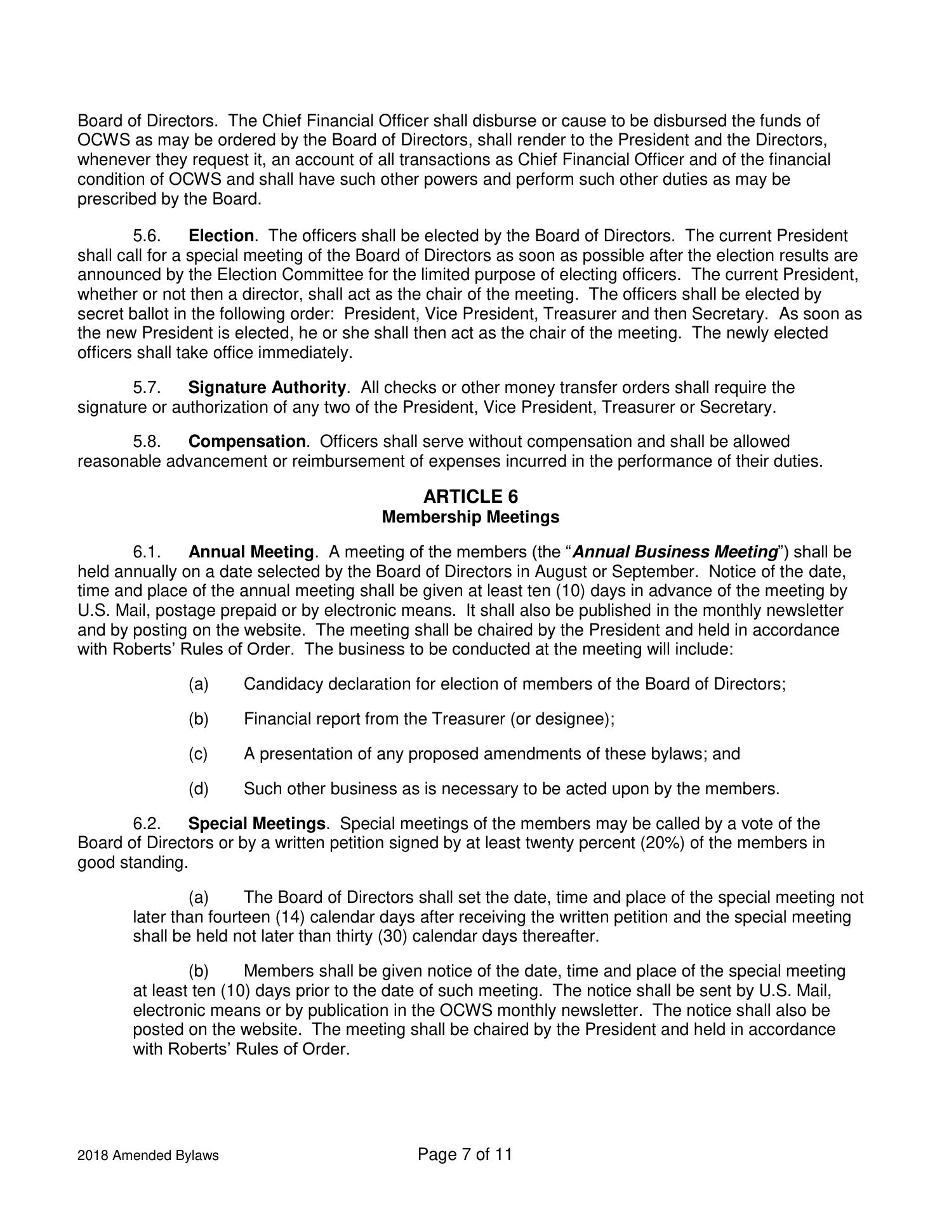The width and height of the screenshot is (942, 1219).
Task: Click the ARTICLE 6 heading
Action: coord(470,496)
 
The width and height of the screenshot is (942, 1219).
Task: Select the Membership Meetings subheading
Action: coord(470,517)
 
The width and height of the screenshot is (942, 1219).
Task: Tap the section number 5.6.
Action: coord(146,236)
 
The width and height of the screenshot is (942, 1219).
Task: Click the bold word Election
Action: coord(221,236)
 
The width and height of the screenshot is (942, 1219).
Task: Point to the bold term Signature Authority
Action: coord(267,387)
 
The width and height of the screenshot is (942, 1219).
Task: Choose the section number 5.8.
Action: coord(146,441)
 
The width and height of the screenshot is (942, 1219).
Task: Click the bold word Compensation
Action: coord(247,441)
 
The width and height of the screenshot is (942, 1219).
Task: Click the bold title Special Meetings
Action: coord(257,823)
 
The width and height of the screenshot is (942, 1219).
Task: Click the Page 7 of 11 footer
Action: coord(465,1154)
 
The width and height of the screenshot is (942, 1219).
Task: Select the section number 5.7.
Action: coord(146,387)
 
